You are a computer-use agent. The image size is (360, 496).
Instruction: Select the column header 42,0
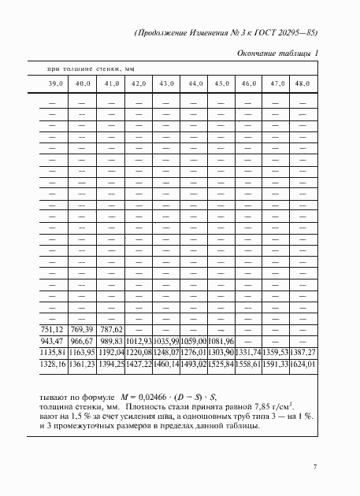(x=138, y=83)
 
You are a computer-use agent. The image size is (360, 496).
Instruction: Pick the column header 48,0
(x=302, y=83)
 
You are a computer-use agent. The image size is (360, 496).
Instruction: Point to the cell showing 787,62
(x=110, y=330)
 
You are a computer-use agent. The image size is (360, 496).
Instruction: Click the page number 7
(x=314, y=468)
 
